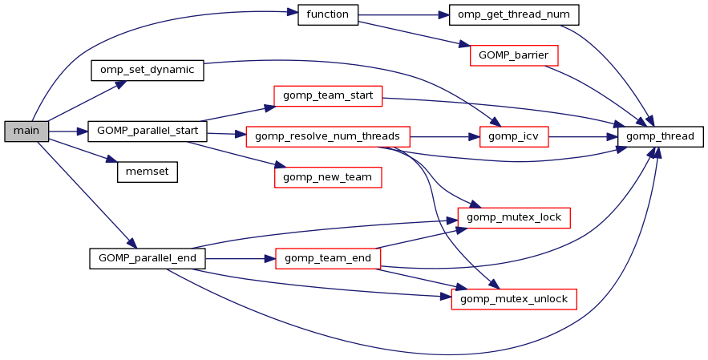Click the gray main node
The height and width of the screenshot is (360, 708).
[x=26, y=130]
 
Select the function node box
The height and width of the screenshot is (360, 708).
[x=327, y=15]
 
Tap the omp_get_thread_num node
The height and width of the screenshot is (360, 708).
[x=513, y=15]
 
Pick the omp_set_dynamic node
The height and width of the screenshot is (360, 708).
[x=147, y=70]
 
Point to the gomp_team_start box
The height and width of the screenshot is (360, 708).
[x=328, y=96]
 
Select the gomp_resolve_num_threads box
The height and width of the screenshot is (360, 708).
[x=328, y=136]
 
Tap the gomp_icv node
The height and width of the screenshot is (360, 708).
[x=513, y=136]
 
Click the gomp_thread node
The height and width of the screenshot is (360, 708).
[x=661, y=136]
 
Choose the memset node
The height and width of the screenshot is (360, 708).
[x=147, y=171]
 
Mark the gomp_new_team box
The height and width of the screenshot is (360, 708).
[x=328, y=176]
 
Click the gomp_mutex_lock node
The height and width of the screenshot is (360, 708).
[x=513, y=216]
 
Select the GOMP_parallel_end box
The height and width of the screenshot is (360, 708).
[x=148, y=258]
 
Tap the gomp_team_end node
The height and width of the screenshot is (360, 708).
[x=328, y=258]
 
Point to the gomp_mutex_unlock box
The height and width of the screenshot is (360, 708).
[x=513, y=298]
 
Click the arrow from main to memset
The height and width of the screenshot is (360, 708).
[x=83, y=150]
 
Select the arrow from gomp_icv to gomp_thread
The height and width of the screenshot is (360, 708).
[x=583, y=137]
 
